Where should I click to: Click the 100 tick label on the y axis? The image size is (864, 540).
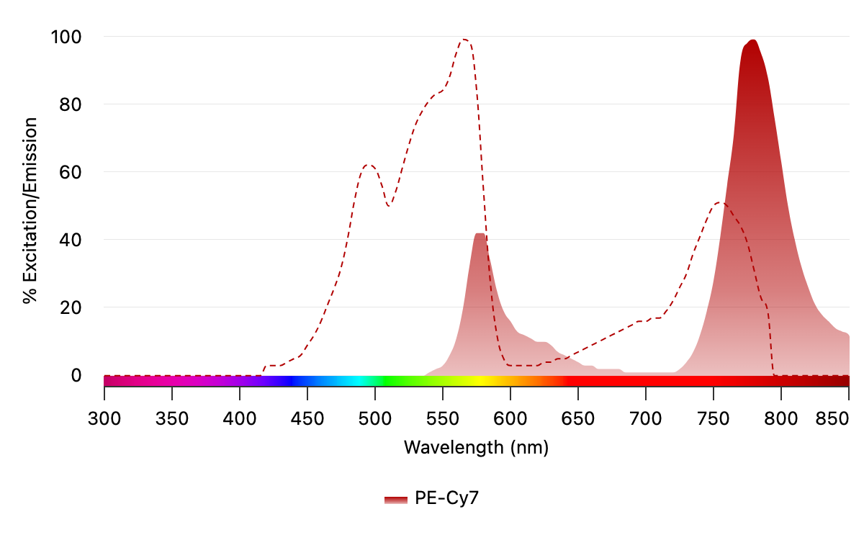pos(66,36)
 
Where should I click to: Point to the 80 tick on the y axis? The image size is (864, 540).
pos(71,104)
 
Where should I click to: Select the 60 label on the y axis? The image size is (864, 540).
pos(71,172)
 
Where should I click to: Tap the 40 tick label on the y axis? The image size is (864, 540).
pos(71,240)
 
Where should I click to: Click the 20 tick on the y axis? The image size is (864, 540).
pos(71,307)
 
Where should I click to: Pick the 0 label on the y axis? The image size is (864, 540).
pos(76,375)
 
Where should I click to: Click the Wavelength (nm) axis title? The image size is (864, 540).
pos(476,448)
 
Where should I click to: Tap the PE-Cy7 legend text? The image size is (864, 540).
pos(446,498)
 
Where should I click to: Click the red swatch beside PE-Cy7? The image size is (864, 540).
pos(396,499)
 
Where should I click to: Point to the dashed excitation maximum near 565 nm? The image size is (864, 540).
pos(465,40)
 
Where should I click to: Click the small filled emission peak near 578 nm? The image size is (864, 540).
pos(480,234)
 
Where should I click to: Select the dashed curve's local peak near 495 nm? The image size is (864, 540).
pos(369,165)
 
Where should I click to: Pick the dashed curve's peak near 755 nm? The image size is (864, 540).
pos(721,203)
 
